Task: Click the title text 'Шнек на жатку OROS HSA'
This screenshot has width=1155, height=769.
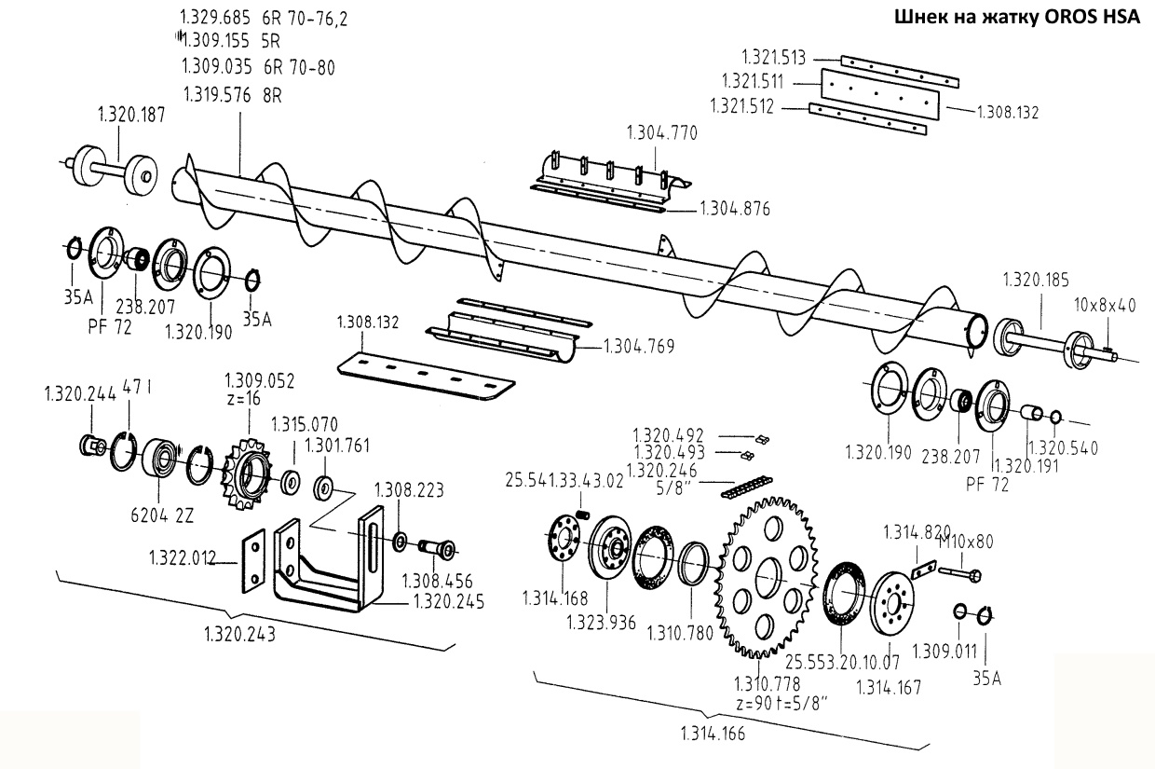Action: [x=1017, y=17]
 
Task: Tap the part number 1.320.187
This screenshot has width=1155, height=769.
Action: [x=131, y=115]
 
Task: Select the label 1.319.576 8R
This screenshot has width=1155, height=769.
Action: [x=233, y=95]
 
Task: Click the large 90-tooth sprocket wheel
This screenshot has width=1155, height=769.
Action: [x=768, y=577]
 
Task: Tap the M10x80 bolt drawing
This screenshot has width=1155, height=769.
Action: [x=959, y=573]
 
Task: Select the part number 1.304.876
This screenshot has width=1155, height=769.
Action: [x=735, y=209]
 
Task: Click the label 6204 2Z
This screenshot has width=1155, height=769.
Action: [x=162, y=515]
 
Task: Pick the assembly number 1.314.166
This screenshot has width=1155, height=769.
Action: [x=713, y=734]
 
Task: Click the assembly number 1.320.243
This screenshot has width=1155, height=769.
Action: [x=239, y=634]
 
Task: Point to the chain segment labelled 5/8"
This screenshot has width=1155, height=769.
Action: [x=747, y=487]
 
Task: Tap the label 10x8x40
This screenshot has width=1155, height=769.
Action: [x=1105, y=305]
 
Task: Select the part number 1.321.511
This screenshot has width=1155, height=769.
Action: [x=753, y=81]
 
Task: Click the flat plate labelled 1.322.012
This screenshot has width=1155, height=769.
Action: [x=253, y=560]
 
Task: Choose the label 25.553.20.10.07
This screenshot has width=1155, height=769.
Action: [x=842, y=662]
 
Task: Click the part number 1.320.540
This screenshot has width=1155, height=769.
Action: [x=1063, y=447]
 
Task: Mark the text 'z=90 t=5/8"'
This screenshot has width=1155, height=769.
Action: [x=781, y=704]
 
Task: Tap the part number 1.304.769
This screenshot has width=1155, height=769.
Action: [x=639, y=347]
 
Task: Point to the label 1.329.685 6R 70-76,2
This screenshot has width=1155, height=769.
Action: [x=264, y=18]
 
